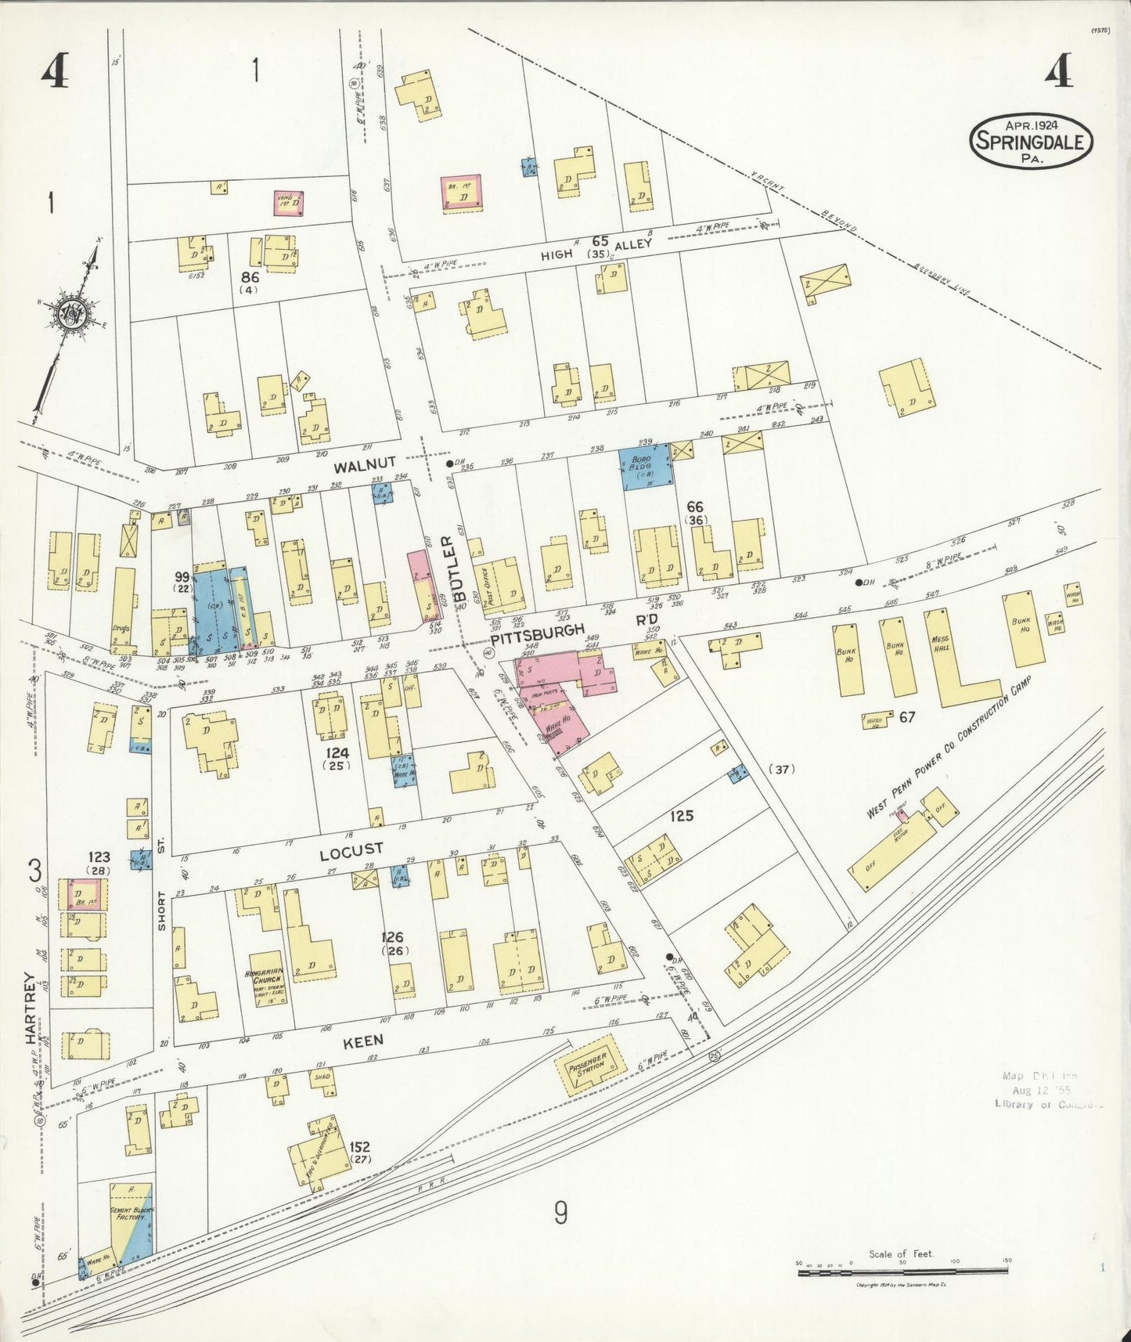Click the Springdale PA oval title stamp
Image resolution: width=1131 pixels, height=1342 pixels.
pyautogui.click(x=1032, y=141)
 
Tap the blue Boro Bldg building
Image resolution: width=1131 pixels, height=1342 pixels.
pyautogui.click(x=646, y=468)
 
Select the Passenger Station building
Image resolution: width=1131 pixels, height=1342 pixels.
pyautogui.click(x=591, y=1066)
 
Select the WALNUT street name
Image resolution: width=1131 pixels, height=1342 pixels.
pyautogui.click(x=365, y=465)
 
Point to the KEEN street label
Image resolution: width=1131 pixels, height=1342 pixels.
pyautogui.click(x=363, y=1040)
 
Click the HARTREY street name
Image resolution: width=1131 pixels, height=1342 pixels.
pyautogui.click(x=31, y=1008)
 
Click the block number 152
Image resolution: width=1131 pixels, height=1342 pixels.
pyautogui.click(x=359, y=1148)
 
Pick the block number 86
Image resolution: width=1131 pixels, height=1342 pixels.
pyautogui.click(x=250, y=277)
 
